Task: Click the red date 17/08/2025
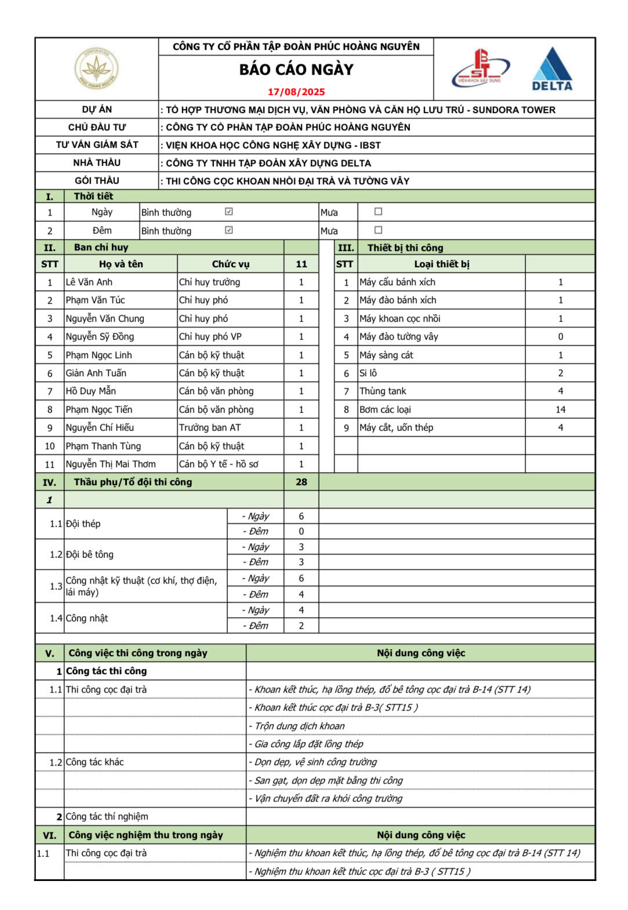tap(296, 92)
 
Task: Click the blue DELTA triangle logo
tap(552, 70)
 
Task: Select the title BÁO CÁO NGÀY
tap(296, 70)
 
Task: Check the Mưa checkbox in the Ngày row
tap(378, 212)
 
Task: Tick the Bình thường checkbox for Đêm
tap(229, 230)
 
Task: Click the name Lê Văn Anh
tap(89, 282)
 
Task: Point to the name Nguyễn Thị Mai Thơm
tap(111, 464)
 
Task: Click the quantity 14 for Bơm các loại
tap(560, 410)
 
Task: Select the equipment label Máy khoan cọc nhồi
tap(400, 319)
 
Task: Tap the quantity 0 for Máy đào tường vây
tap(560, 337)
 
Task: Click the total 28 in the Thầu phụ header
tap(301, 482)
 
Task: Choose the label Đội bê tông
tap(90, 555)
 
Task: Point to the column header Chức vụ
tap(230, 264)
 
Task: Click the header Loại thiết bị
tap(441, 264)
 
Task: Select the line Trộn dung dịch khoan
tap(299, 726)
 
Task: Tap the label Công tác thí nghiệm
tap(107, 817)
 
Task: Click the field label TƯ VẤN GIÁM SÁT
tap(97, 145)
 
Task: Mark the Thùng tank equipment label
tap(383, 391)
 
